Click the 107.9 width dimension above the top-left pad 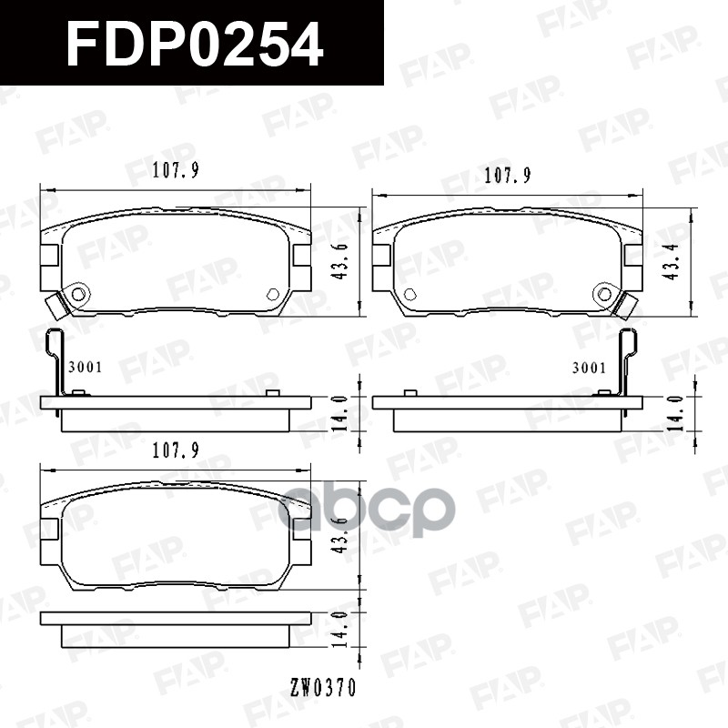coord(176,169)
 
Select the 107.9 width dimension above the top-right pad coord(507,175)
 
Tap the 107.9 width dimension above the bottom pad coord(176,449)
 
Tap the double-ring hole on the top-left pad coord(79,294)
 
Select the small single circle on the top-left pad coord(273,294)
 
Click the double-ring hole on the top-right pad coord(604,293)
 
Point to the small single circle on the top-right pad coord(409,294)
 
